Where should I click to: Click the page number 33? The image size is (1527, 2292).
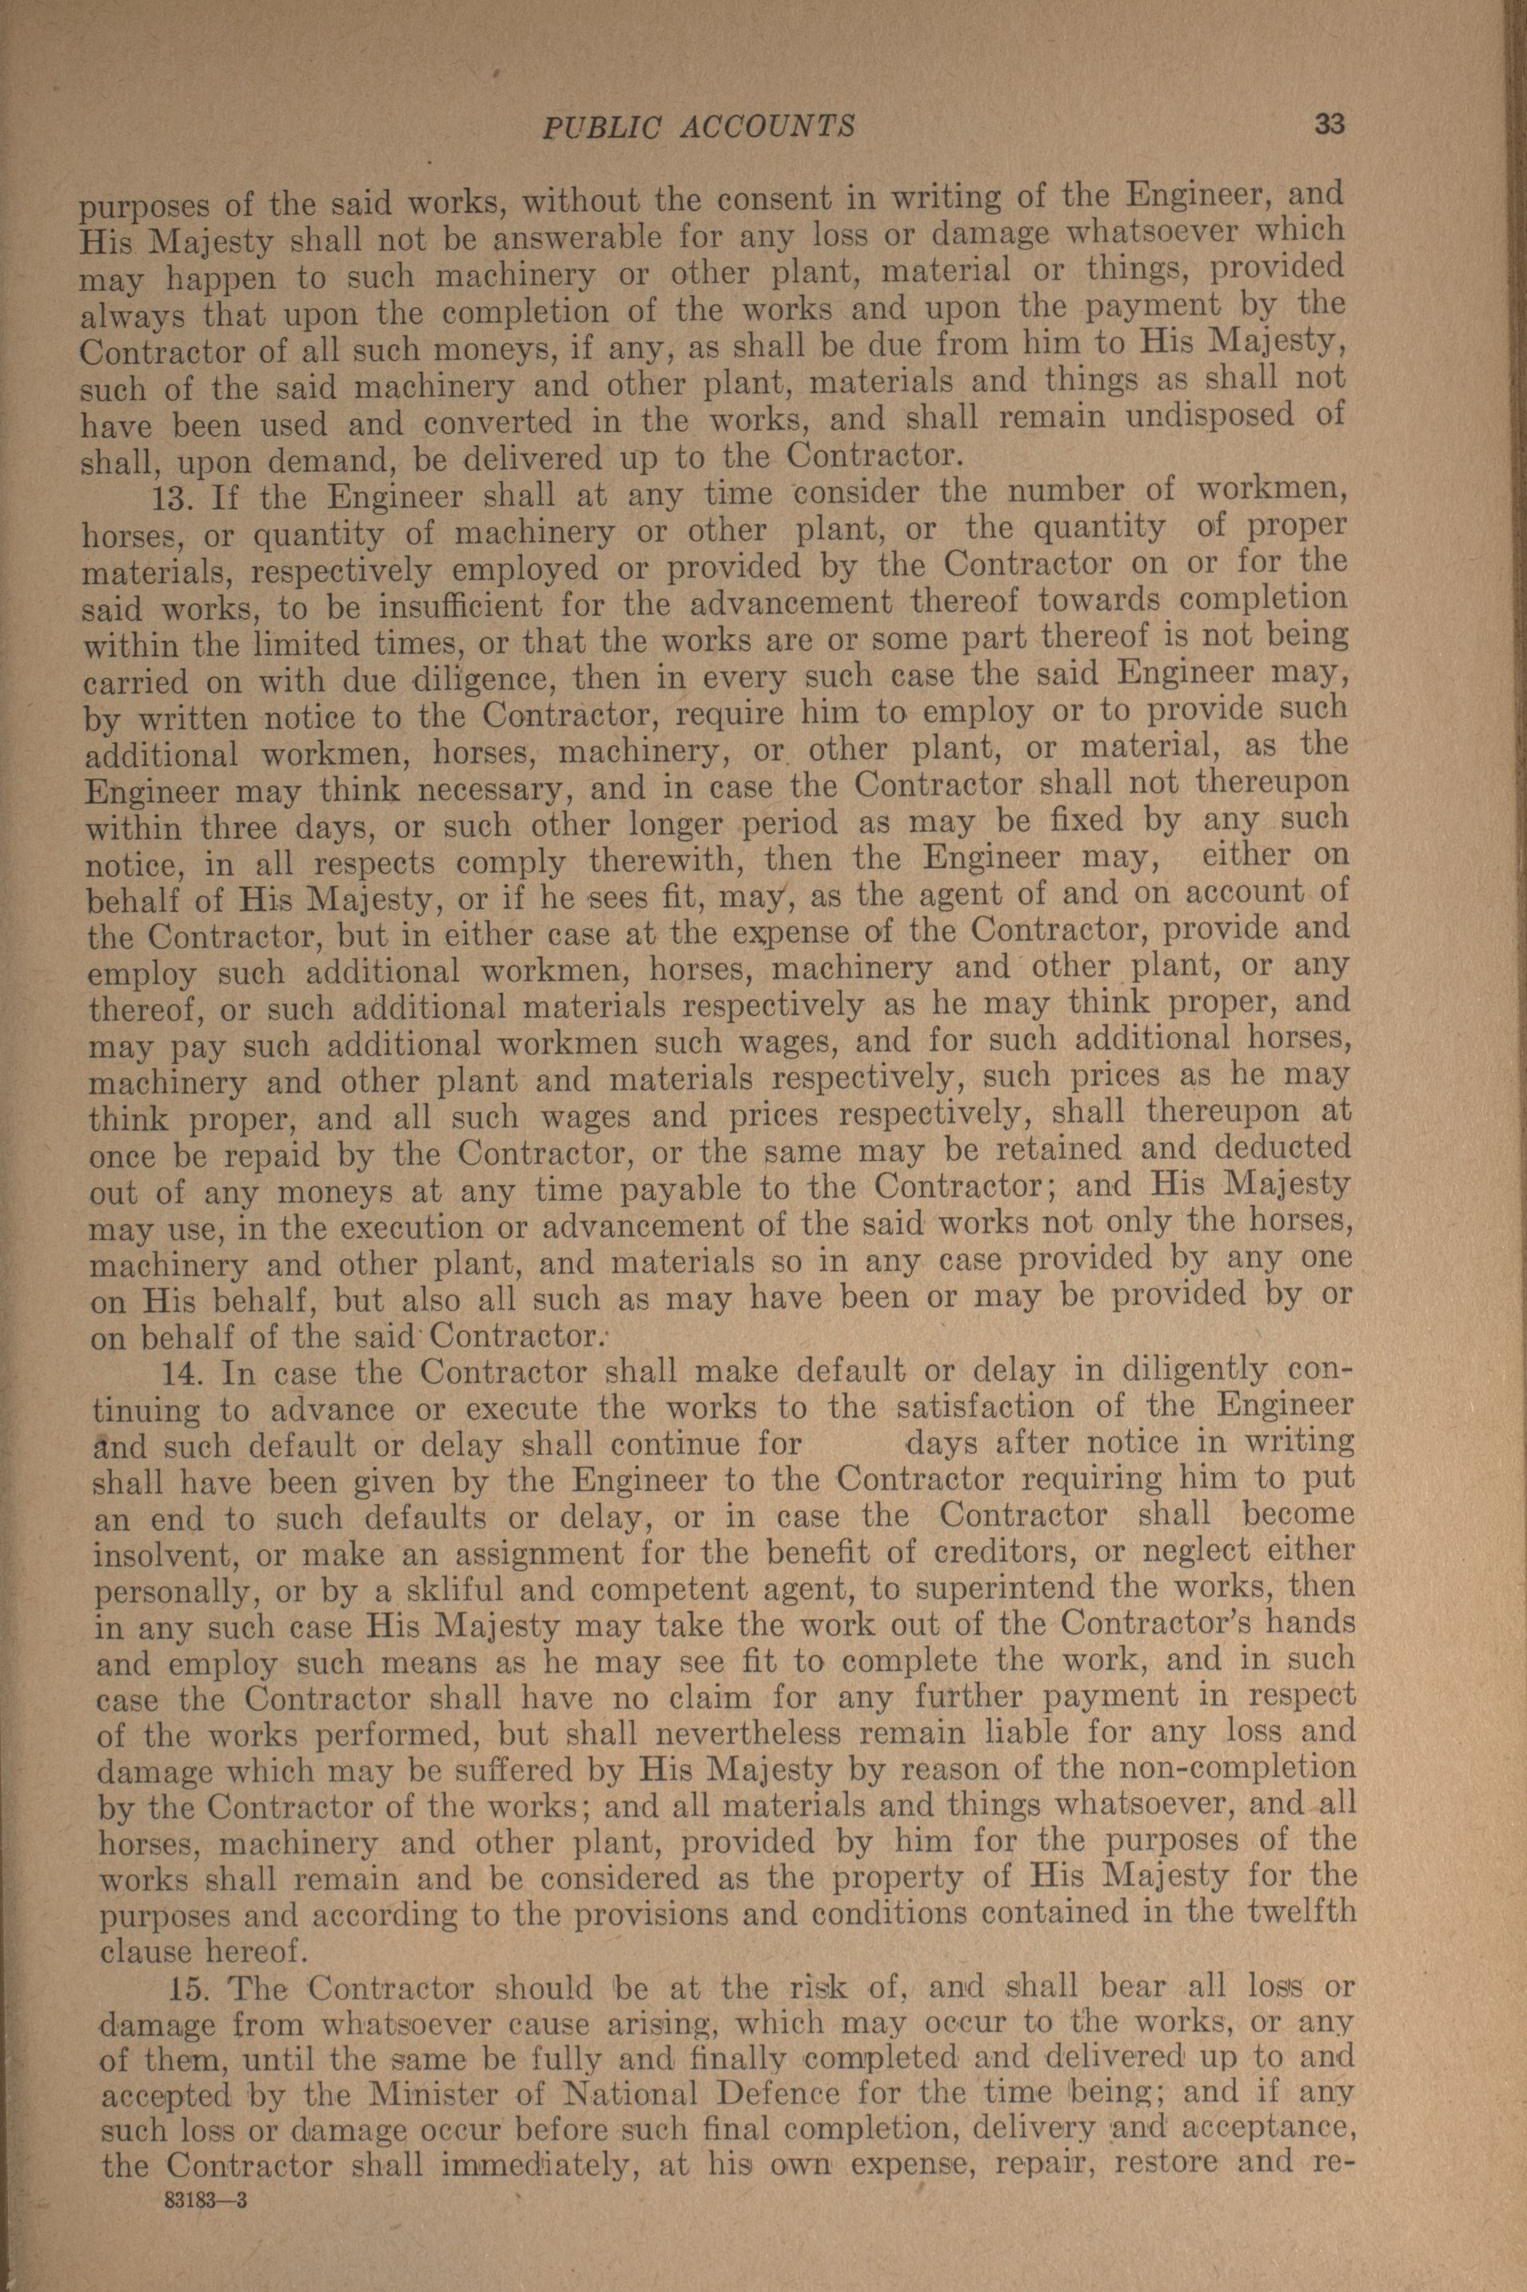(x=1329, y=124)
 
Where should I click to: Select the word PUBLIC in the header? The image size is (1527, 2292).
(x=588, y=126)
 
